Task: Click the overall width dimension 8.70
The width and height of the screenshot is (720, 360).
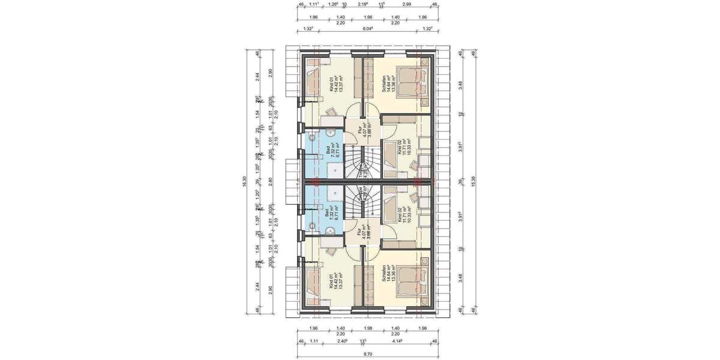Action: click(x=366, y=355)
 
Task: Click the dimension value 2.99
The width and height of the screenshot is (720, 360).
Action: click(x=407, y=5)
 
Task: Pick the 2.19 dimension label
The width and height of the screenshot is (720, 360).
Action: click(x=362, y=5)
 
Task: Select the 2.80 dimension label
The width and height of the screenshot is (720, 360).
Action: click(x=271, y=180)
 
